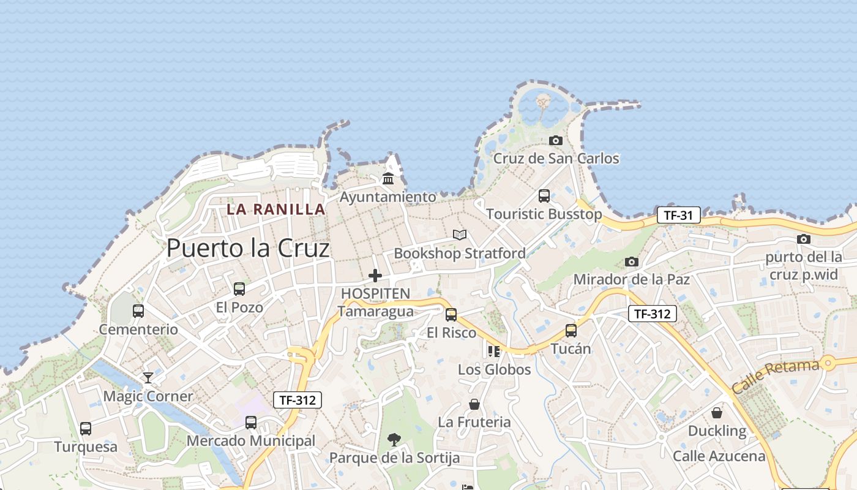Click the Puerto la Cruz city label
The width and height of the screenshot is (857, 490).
(x=248, y=248)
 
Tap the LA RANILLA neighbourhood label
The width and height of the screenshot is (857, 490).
(x=275, y=209)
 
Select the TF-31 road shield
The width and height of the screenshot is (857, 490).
(x=678, y=215)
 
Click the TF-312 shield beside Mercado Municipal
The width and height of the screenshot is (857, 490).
(x=297, y=400)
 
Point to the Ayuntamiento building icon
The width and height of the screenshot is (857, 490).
(x=388, y=178)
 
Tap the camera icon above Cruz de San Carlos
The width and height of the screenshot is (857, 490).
(x=555, y=140)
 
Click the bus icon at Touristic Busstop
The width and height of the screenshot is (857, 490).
(x=544, y=196)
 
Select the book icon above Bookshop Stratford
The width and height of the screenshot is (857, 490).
(x=460, y=235)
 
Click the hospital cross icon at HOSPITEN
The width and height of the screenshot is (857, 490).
(x=375, y=276)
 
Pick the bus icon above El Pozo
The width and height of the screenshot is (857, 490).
(x=239, y=288)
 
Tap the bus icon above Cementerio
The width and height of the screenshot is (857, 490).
(x=138, y=311)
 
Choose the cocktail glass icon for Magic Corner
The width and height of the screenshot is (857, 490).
(x=148, y=377)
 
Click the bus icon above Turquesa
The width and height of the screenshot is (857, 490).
(x=86, y=428)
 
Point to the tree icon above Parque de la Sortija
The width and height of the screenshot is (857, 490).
(x=394, y=439)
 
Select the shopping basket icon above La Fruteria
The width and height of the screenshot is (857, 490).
(x=474, y=404)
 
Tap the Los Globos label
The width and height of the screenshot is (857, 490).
(x=494, y=369)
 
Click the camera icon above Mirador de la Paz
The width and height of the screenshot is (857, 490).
(x=631, y=262)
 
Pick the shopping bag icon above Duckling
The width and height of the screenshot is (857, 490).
(x=716, y=413)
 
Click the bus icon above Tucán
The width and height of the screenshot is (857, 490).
(x=571, y=330)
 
